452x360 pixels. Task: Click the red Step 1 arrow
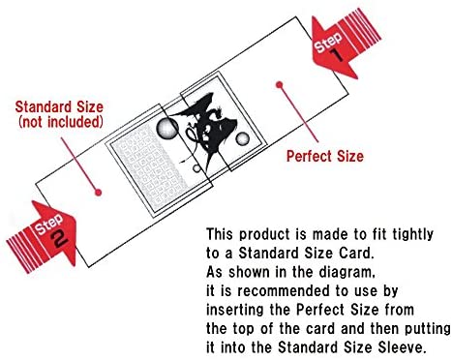(341, 45)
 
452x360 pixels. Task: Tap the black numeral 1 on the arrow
(338, 55)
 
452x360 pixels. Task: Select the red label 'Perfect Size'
(325, 156)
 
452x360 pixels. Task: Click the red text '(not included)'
(61, 122)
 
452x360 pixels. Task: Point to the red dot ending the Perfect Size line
(280, 85)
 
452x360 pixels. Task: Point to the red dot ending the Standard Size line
(99, 193)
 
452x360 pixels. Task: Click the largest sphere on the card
(167, 128)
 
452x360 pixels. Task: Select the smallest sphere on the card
(196, 168)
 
